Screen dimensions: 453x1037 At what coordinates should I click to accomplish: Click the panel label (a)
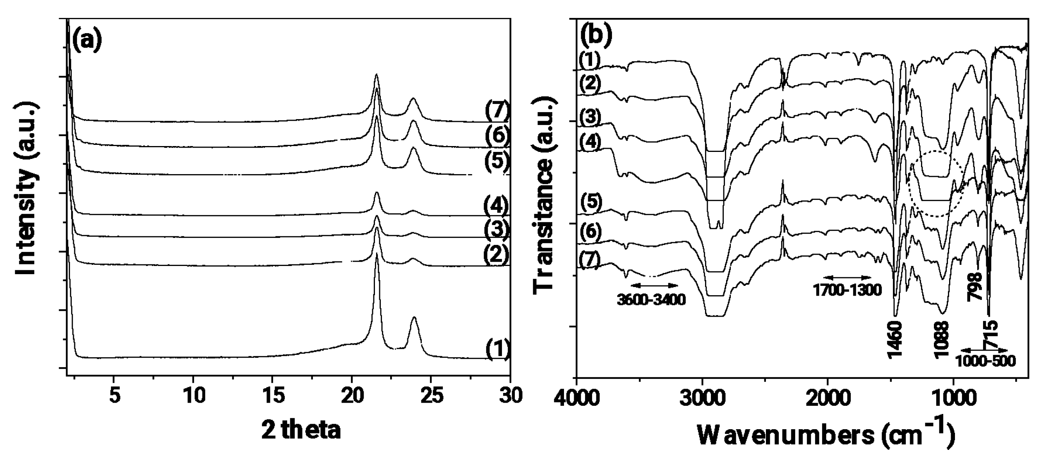pyautogui.click(x=87, y=40)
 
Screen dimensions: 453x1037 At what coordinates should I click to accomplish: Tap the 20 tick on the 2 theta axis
pyautogui.click(x=352, y=396)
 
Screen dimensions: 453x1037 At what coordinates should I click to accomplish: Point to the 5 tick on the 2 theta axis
pyautogui.click(x=114, y=396)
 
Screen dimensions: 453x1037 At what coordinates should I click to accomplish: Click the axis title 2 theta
pyautogui.click(x=301, y=430)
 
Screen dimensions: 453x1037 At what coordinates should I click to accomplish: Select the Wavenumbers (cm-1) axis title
pyautogui.click(x=825, y=435)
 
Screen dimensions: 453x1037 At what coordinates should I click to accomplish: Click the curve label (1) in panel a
pyautogui.click(x=498, y=348)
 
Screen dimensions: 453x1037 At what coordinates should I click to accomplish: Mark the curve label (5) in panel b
pyautogui.click(x=591, y=203)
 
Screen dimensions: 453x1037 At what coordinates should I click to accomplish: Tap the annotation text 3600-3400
pyautogui.click(x=651, y=300)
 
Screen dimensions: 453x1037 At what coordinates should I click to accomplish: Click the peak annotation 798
pyautogui.click(x=976, y=286)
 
